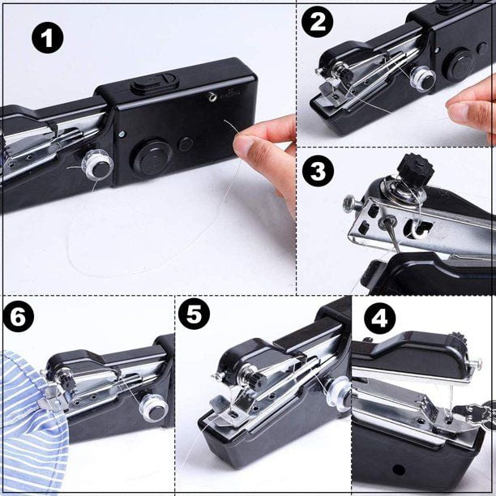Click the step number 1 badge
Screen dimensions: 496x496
pos(48,37)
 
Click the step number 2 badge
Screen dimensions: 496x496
pos(317,22)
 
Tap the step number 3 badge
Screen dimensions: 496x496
pos(318,171)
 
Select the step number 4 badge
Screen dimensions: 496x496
pos(380,319)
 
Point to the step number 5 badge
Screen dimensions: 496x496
pos(194,314)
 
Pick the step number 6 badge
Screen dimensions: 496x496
pos(18,316)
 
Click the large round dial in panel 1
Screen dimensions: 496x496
pos(153,156)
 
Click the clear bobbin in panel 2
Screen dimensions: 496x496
pos(423,80)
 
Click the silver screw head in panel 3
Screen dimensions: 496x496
pos(349,201)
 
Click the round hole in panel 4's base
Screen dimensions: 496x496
pos(398,469)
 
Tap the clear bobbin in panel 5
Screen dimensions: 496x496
pos(340,394)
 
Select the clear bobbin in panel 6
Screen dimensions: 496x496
pos(153,408)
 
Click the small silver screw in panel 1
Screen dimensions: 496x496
pos(122,135)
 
